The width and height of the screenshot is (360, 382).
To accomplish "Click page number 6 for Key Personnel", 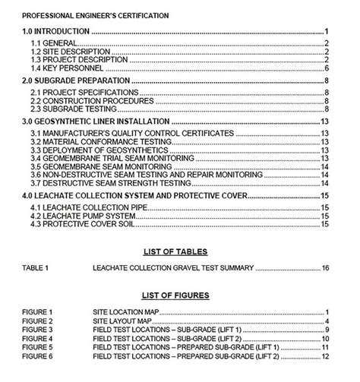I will pyautogui.click(x=326, y=68).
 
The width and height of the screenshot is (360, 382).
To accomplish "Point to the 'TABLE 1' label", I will pyautogui.click(x=36, y=269).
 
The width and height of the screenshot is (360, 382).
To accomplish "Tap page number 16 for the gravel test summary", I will pyautogui.click(x=324, y=269).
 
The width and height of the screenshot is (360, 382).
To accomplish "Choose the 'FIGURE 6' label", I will pyautogui.click(x=38, y=356).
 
